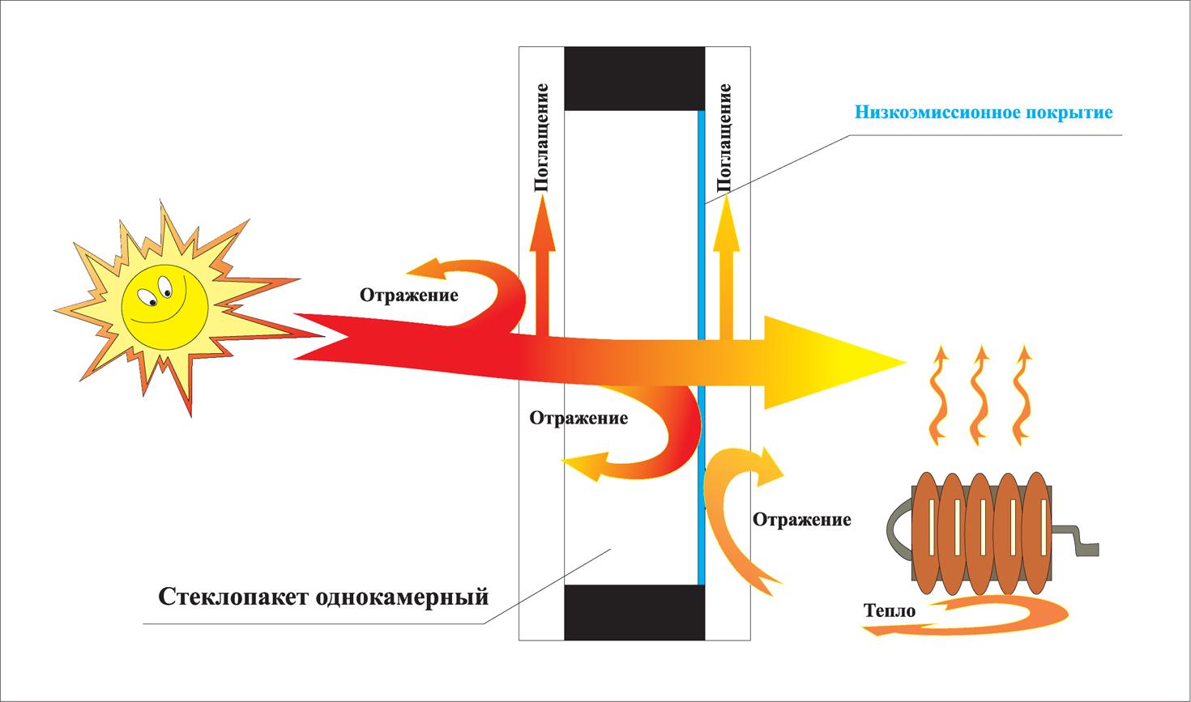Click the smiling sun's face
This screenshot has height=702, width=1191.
(x=164, y=307)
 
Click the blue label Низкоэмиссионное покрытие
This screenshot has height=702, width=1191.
(x=984, y=113)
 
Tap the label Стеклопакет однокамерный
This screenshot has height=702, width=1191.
(x=323, y=596)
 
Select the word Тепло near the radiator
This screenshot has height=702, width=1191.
(x=890, y=611)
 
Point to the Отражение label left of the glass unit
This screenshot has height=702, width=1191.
(x=409, y=295)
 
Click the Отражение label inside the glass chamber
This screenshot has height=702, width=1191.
(x=578, y=418)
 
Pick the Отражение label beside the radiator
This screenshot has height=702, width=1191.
(x=802, y=519)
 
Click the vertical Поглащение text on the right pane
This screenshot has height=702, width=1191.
(x=724, y=137)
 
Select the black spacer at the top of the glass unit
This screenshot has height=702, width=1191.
(x=634, y=79)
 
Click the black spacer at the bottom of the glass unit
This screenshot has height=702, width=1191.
(x=634, y=612)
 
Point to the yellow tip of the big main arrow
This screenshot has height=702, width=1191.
(x=905, y=363)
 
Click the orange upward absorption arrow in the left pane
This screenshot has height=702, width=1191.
(x=543, y=266)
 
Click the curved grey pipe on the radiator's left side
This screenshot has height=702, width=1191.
(x=899, y=530)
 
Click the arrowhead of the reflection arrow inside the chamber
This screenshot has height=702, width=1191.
(x=585, y=465)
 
